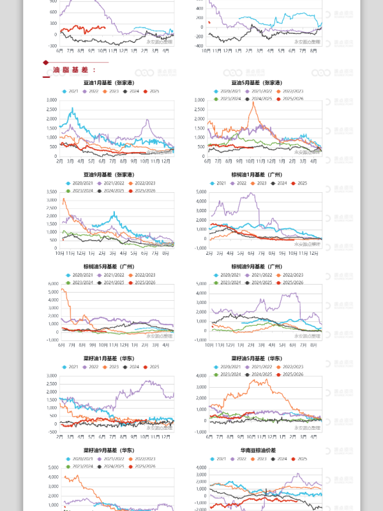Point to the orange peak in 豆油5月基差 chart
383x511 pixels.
[x=254, y=103]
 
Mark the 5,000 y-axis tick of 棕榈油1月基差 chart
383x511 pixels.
[x=200, y=192]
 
